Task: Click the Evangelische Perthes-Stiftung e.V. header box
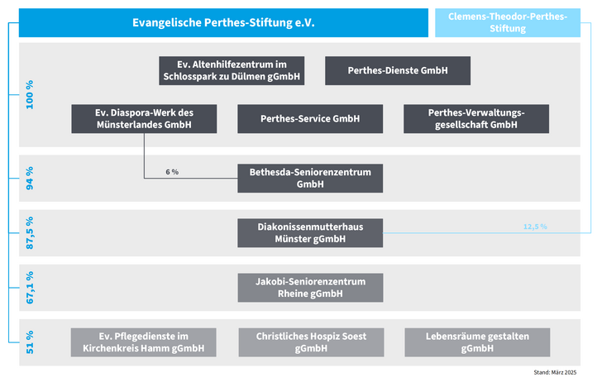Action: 223,22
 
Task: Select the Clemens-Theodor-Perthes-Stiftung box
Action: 508,22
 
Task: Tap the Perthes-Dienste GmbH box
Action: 398,70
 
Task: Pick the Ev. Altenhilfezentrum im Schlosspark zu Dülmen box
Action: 232,70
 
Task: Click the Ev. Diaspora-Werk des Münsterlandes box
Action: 144,118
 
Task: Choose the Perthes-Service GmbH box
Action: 310,118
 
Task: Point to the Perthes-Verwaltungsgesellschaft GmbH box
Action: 476,118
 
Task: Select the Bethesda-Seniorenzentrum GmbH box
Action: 310,178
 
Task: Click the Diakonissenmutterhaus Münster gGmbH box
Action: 310,232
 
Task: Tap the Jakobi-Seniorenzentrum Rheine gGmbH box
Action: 310,288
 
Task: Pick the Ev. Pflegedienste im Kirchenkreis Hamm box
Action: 144,342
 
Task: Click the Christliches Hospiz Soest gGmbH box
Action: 312,342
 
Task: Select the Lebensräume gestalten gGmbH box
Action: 477,342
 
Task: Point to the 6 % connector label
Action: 172,172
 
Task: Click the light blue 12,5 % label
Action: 535,227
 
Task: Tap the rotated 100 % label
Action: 30,94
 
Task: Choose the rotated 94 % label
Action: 30,178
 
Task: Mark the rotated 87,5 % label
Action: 30,232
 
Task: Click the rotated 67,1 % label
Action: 30,288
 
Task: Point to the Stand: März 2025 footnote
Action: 555,372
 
